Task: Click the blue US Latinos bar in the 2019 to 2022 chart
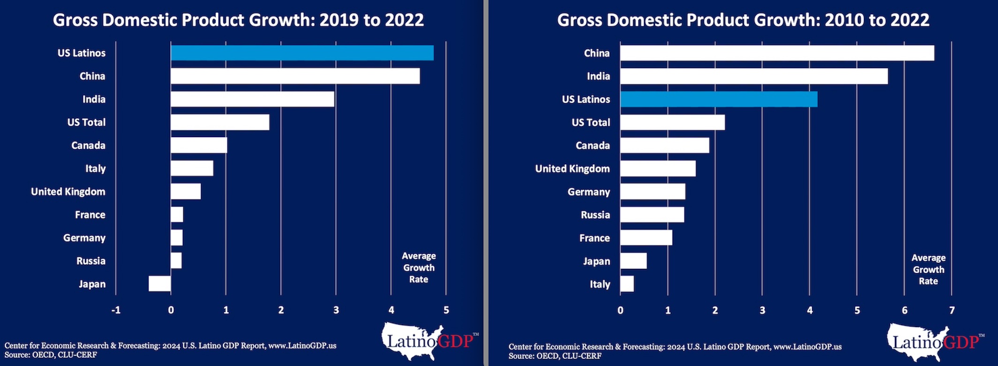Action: pyautogui.click(x=302, y=53)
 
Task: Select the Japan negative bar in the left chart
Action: pyautogui.click(x=160, y=284)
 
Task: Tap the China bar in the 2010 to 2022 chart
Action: pyautogui.click(x=777, y=53)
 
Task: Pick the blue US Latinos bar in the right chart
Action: pyautogui.click(x=719, y=99)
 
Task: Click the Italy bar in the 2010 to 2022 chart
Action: pyautogui.click(x=627, y=284)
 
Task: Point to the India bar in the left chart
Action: pyautogui.click(x=252, y=99)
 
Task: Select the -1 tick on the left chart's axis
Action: pyautogui.click(x=116, y=310)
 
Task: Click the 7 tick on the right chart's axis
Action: pyautogui.click(x=952, y=311)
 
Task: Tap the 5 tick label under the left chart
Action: pyautogui.click(x=446, y=310)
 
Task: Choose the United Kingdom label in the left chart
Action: pyautogui.click(x=68, y=191)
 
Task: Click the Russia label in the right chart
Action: pyautogui.click(x=595, y=215)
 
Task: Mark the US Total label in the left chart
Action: pyautogui.click(x=86, y=122)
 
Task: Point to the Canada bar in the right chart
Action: pyautogui.click(x=664, y=145)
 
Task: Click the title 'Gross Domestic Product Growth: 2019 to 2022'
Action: pyautogui.click(x=238, y=20)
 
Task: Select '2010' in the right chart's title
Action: pyautogui.click(x=844, y=20)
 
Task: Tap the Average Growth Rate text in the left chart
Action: pyautogui.click(x=419, y=267)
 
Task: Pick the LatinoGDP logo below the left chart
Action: pyautogui.click(x=428, y=341)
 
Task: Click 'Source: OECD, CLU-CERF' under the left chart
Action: pyautogui.click(x=51, y=355)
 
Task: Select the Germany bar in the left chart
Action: pyautogui.click(x=177, y=238)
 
